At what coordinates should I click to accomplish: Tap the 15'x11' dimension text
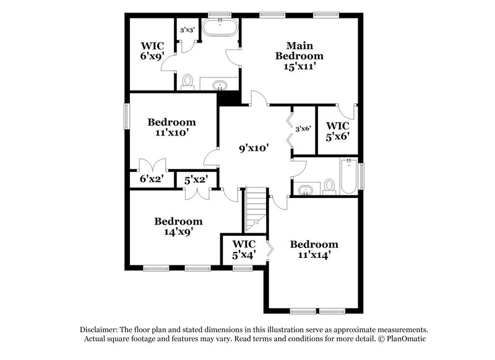(299, 67)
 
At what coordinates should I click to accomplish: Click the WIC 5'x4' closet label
(243, 249)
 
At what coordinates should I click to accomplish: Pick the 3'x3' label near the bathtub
(186, 30)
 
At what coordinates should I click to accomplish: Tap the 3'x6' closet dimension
(303, 129)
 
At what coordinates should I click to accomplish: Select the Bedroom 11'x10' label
(171, 127)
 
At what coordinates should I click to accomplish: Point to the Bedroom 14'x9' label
(178, 226)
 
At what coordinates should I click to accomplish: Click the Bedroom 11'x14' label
(314, 250)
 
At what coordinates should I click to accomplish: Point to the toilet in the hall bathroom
(329, 185)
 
